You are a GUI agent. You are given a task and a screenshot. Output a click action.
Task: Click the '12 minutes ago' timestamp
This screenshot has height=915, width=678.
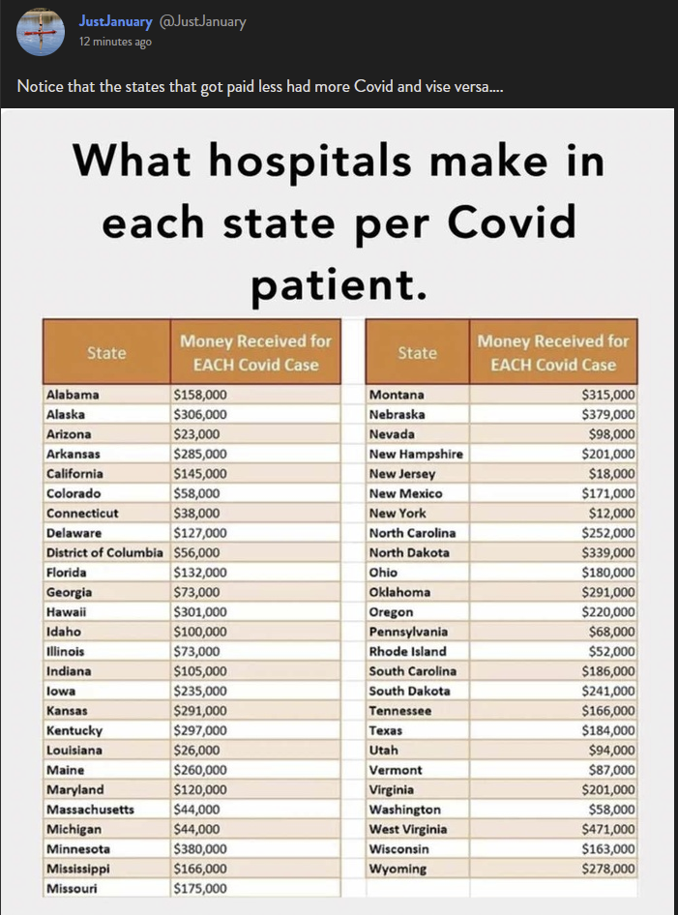[115, 42]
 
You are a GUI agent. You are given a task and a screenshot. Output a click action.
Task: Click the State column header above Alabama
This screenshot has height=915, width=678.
[106, 352]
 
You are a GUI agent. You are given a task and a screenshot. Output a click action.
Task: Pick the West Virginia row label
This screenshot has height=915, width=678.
[408, 829]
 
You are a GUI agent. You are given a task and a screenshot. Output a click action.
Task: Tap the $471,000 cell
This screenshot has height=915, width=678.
[608, 829]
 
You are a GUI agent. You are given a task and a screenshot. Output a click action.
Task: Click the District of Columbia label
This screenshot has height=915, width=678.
[106, 552]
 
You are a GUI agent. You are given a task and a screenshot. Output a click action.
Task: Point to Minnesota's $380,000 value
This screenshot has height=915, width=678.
[200, 848]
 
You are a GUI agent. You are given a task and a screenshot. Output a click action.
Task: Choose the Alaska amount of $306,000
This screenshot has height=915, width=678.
[200, 414]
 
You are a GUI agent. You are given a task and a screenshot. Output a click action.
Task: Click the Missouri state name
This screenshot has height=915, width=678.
[72, 888]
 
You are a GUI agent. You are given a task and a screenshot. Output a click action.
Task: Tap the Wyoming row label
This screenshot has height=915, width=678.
[398, 869]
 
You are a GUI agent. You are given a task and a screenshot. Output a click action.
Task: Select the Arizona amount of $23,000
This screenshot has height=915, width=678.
[196, 434]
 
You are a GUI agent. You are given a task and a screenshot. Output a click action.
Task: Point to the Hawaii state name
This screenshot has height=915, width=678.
[67, 611]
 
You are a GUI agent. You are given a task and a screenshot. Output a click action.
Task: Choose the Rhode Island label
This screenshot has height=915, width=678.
[407, 651]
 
